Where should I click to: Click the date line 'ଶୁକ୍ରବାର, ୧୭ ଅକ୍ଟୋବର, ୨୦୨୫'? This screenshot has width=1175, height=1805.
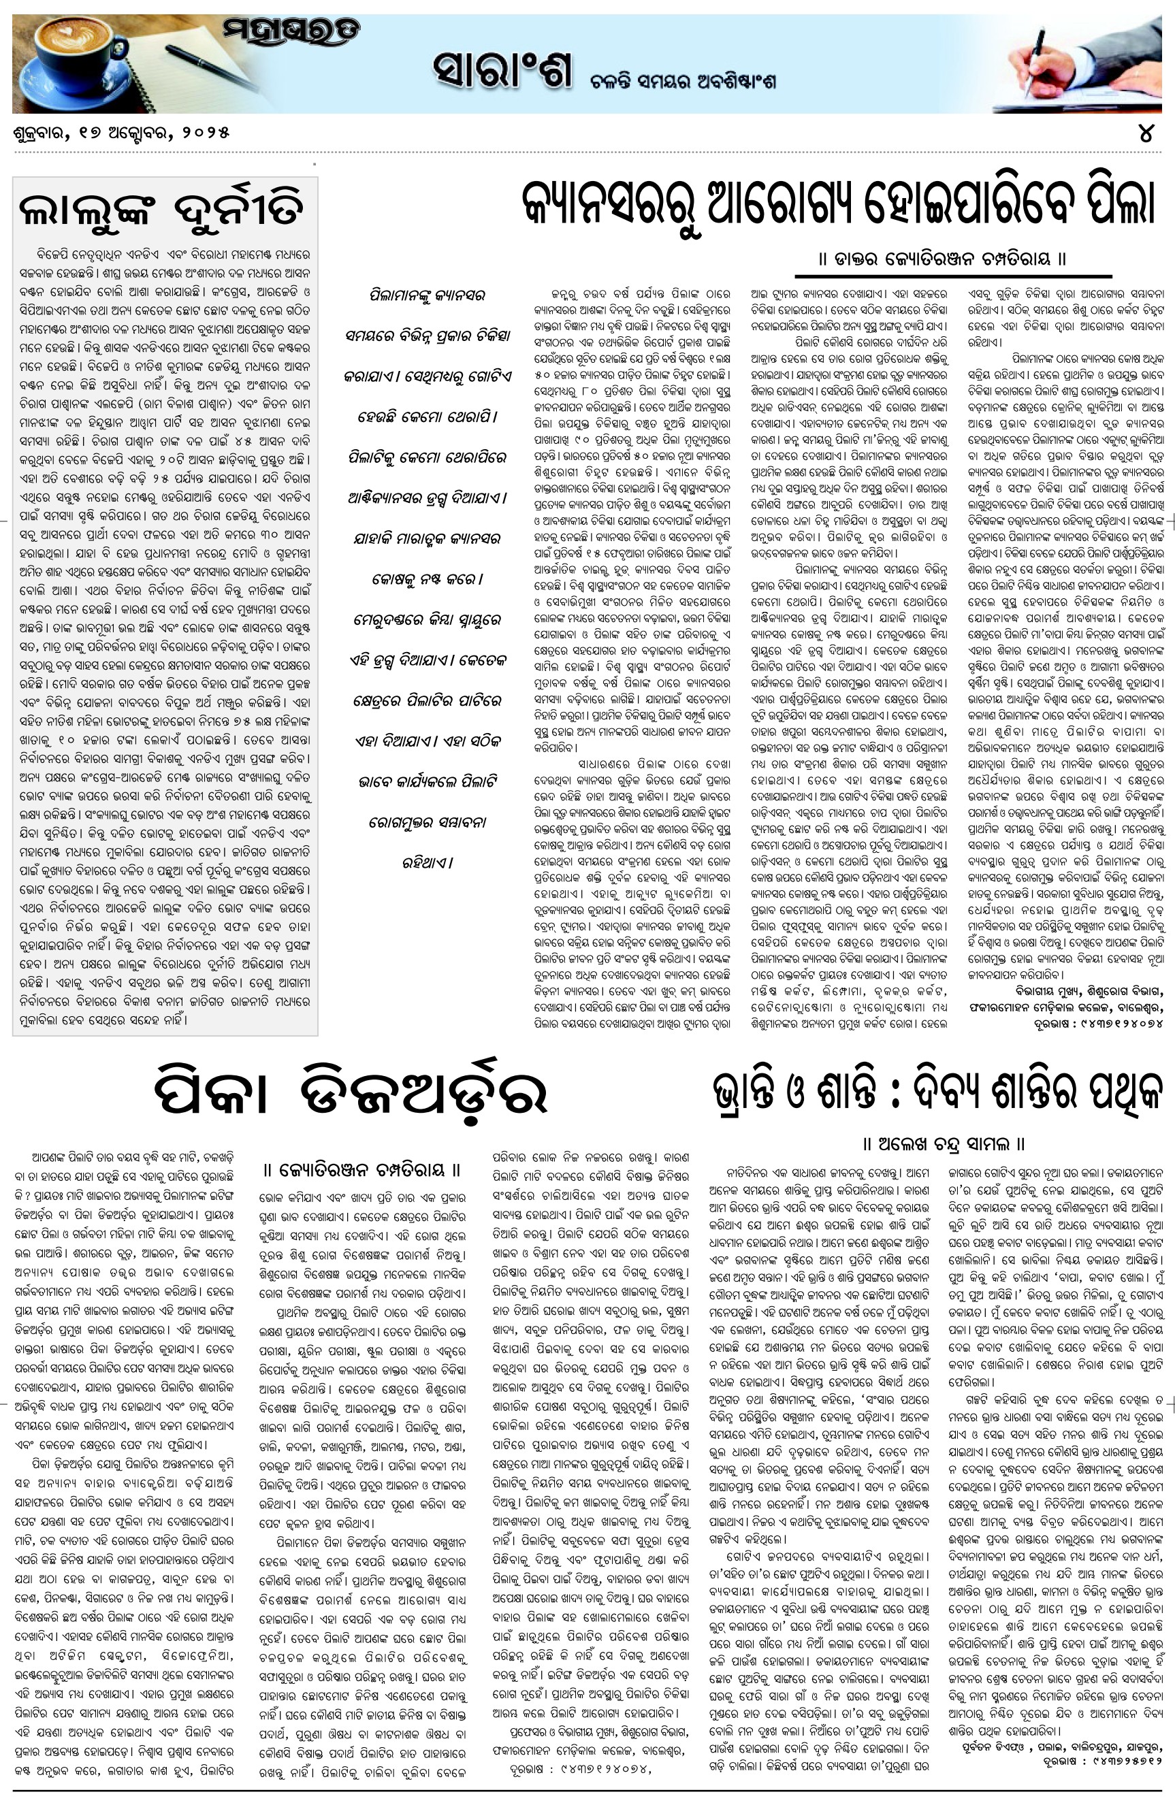coord(121,133)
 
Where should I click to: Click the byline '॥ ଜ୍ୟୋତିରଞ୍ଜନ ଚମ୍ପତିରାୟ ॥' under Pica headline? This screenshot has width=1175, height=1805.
coord(361,1170)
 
